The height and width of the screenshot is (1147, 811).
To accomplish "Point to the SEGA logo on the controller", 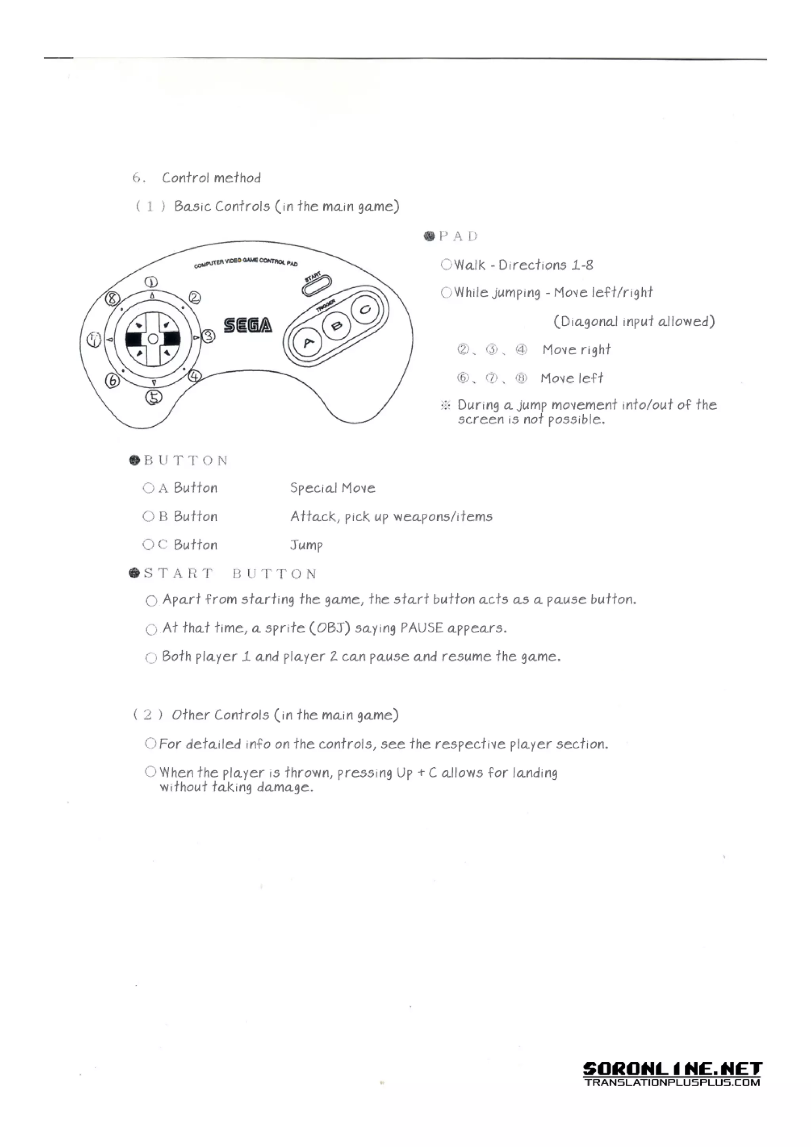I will point(248,325).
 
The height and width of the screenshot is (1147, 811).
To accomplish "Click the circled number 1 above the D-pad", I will point(151,282).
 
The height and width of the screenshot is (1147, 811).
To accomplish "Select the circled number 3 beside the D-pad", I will point(208,336).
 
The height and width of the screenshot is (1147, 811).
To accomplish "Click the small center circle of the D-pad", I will point(153,339).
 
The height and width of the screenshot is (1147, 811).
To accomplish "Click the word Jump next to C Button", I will point(307,545).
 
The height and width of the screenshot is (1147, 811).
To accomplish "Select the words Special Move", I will point(332,488).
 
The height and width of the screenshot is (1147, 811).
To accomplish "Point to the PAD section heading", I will point(458,236).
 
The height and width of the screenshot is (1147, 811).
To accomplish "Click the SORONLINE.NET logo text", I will point(672,1069).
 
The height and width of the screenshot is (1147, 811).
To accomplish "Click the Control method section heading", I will point(211,178).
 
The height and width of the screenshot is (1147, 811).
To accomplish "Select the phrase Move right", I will point(576,350).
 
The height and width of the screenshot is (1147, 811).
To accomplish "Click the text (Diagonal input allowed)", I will point(634,321).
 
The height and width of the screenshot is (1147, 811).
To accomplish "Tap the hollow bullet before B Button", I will point(148,516).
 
